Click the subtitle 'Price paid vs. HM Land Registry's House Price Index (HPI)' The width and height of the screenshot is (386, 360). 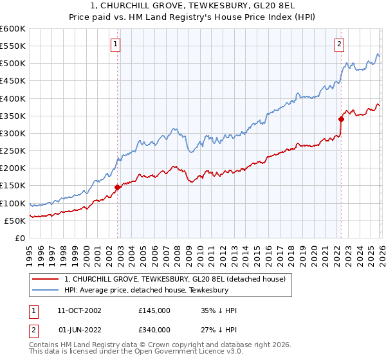(193, 18)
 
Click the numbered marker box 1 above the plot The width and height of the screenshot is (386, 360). (115, 44)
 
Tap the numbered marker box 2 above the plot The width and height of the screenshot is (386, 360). (338, 44)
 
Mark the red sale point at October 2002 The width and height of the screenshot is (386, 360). (118, 187)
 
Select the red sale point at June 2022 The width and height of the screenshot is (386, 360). (341, 119)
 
